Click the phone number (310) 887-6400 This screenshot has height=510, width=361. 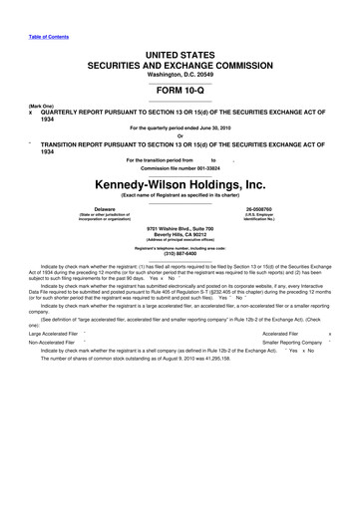click(180, 280)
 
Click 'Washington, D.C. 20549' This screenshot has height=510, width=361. click(180, 73)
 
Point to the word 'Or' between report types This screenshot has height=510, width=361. click(180, 136)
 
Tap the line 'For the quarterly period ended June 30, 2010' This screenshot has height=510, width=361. click(180, 128)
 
